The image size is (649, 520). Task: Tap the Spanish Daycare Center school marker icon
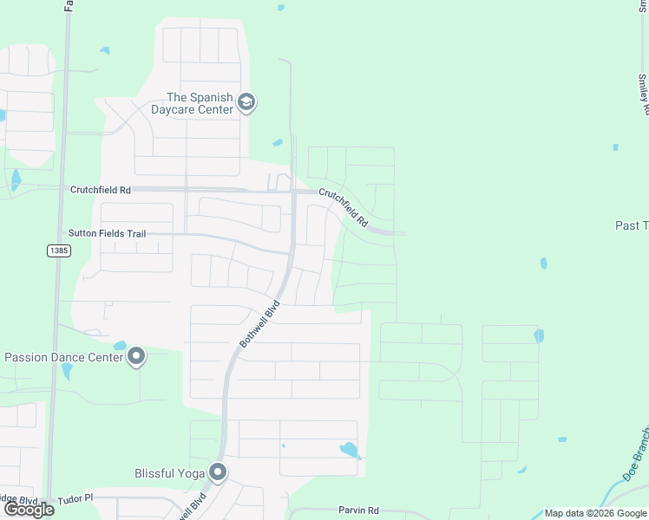[x=246, y=103]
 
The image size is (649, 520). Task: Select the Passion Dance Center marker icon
[x=136, y=357]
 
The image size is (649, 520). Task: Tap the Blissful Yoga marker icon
[x=217, y=472]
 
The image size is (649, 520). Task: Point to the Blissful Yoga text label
[x=169, y=473]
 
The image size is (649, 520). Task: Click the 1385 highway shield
[x=58, y=250]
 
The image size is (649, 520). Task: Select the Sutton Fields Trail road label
[x=107, y=234]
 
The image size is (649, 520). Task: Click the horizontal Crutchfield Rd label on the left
[x=101, y=189]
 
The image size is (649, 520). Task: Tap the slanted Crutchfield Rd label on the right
[x=343, y=208]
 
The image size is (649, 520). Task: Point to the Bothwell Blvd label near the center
[x=259, y=325]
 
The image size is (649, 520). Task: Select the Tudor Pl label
[x=75, y=500]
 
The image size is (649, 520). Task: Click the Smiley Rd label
[x=643, y=94]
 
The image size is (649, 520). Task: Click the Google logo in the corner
[x=28, y=509]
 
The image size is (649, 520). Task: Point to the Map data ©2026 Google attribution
[x=595, y=513]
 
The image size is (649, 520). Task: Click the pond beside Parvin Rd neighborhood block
[x=350, y=450]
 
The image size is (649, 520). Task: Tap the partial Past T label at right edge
[x=632, y=225]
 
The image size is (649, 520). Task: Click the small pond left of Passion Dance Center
[x=120, y=346]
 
